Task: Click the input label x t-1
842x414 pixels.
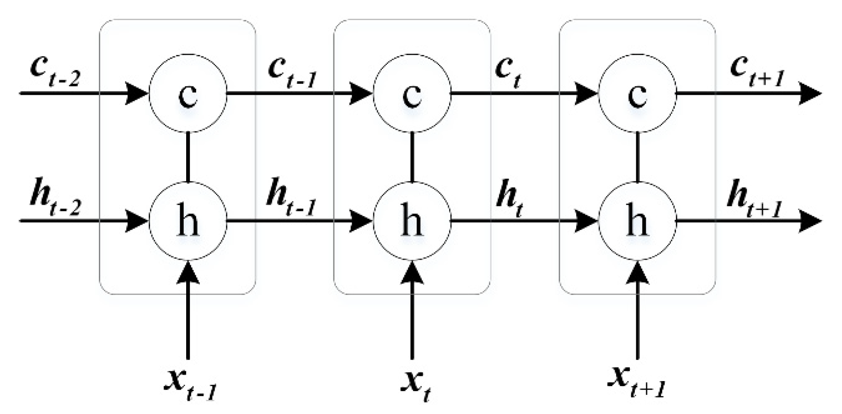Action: point(190,385)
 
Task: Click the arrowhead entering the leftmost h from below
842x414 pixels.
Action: point(188,272)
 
